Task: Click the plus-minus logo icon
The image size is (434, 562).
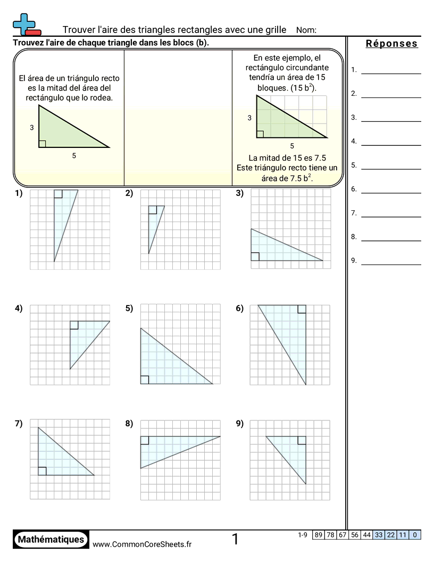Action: click(x=25, y=24)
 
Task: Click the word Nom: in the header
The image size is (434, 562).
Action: click(x=306, y=30)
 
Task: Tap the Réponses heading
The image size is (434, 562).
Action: click(x=391, y=44)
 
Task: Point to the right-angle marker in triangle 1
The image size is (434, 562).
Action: click(x=58, y=194)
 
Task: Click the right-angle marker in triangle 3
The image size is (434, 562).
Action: click(x=255, y=257)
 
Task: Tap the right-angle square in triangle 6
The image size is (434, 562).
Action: click(x=302, y=309)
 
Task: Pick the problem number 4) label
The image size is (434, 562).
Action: click(x=19, y=308)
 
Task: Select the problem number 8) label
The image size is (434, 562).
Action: click(x=129, y=424)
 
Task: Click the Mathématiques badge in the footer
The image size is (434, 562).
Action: click(x=51, y=539)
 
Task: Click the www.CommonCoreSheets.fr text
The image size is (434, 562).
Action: click(x=142, y=544)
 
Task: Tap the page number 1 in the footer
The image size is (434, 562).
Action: click(x=235, y=540)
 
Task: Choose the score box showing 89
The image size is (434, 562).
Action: click(x=318, y=535)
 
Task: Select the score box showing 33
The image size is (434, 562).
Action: click(x=379, y=535)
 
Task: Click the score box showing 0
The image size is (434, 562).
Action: click(x=415, y=535)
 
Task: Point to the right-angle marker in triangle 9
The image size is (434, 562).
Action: click(x=302, y=440)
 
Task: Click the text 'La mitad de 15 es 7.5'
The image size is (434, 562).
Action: click(x=287, y=158)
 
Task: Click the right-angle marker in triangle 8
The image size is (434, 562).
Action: click(x=145, y=440)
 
